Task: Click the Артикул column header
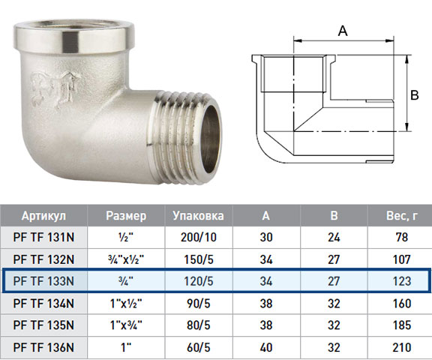tap(43, 216)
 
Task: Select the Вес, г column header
tap(402, 216)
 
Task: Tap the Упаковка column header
tap(198, 216)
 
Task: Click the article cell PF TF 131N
tap(43, 237)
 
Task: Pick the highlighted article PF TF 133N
tap(43, 281)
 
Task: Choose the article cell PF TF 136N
tap(43, 347)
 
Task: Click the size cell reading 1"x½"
tap(126, 303)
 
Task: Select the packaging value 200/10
tap(199, 237)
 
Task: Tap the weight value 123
tap(402, 281)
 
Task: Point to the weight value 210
tap(402, 347)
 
